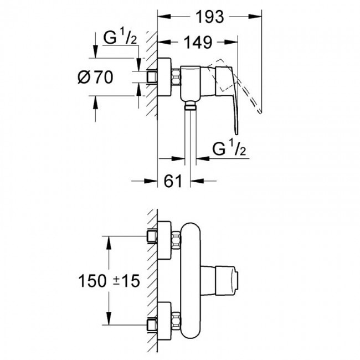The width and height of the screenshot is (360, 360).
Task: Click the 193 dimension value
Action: click(x=209, y=17)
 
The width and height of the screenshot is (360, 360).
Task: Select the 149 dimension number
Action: click(x=198, y=42)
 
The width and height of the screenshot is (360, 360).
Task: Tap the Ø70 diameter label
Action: click(x=95, y=77)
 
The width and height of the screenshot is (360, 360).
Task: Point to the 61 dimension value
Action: click(x=173, y=181)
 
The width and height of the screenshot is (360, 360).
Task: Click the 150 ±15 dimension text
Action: click(x=109, y=281)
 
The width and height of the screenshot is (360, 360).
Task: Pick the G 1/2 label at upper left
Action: click(x=120, y=38)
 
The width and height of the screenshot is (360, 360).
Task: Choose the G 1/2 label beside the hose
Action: click(x=229, y=148)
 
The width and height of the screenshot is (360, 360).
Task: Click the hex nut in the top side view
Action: click(x=176, y=77)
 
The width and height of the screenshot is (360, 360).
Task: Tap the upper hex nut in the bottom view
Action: click(x=176, y=240)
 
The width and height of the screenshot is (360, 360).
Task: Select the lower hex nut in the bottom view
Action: click(x=176, y=321)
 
